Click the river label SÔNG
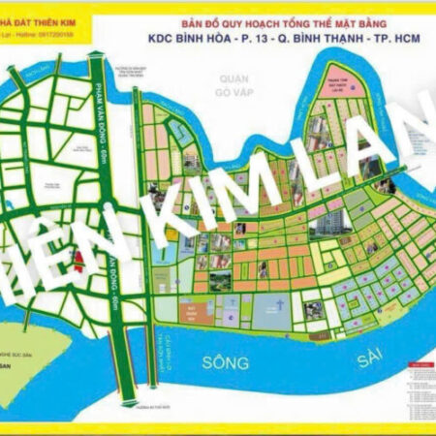point(225,363)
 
